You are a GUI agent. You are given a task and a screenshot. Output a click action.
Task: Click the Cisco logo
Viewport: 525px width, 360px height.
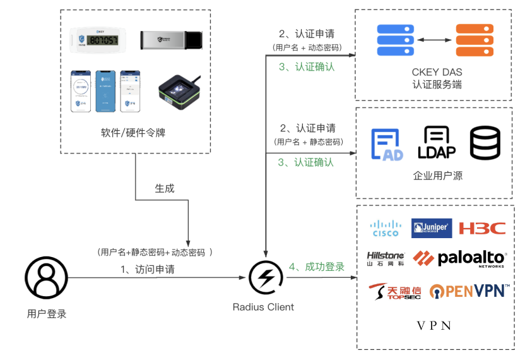click(386, 228)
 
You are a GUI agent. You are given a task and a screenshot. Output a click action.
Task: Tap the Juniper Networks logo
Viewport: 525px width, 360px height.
click(432, 228)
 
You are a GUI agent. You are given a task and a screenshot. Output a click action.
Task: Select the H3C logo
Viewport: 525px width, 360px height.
click(482, 228)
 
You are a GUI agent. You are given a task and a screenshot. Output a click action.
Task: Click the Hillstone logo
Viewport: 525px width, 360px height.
click(386, 258)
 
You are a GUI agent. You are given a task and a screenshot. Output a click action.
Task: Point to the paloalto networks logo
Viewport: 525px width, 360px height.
click(459, 258)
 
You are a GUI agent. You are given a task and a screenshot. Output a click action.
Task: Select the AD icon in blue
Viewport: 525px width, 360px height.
click(387, 145)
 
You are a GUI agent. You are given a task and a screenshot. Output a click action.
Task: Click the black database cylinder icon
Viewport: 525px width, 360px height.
click(485, 143)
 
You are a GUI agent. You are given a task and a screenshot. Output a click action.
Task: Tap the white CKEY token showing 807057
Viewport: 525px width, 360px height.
click(100, 39)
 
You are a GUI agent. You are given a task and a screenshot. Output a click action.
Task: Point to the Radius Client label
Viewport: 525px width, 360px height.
click(263, 307)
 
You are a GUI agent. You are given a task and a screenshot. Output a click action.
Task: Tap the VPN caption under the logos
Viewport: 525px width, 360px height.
click(434, 326)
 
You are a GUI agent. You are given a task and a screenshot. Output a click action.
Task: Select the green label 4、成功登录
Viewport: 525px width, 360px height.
click(317, 267)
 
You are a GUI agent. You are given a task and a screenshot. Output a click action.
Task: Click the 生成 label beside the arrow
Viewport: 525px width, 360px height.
click(165, 188)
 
